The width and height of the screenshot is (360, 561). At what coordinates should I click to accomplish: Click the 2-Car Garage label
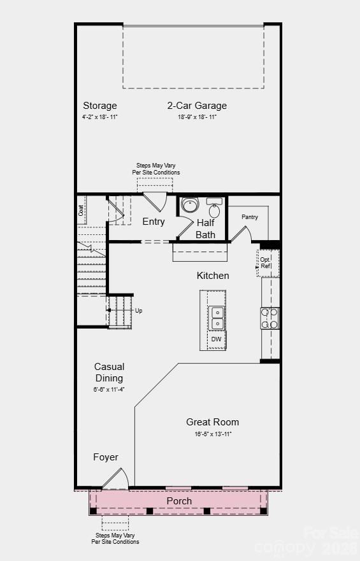tap(197, 106)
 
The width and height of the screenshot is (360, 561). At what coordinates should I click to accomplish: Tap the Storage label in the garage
tap(100, 106)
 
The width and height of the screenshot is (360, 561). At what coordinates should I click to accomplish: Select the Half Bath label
tap(206, 229)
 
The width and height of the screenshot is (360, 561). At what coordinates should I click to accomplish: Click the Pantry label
tap(250, 217)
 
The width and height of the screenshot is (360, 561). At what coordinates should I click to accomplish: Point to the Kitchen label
tap(213, 276)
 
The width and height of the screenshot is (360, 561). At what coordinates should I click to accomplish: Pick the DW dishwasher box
tap(217, 339)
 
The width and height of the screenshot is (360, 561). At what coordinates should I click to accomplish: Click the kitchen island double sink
tap(217, 317)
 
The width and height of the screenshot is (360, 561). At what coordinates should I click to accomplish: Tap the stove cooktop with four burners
tap(270, 318)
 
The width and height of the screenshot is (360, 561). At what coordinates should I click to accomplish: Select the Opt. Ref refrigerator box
tap(266, 262)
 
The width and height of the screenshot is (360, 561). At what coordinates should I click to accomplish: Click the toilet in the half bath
tap(190, 205)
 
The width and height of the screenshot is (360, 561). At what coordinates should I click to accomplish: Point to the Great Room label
tap(213, 422)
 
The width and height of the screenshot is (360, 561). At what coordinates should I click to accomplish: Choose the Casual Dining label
tap(109, 373)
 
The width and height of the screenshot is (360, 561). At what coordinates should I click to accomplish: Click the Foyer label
tap(106, 457)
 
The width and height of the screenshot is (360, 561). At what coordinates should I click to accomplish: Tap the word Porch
tap(179, 501)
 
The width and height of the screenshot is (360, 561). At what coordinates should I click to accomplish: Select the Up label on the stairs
tap(138, 311)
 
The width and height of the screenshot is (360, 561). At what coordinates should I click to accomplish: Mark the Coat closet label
tap(82, 209)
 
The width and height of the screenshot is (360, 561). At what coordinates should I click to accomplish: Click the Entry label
tap(154, 222)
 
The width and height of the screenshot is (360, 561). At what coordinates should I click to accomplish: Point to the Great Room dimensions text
tap(213, 434)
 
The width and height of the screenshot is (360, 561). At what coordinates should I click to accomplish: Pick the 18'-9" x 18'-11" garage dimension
tap(197, 117)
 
